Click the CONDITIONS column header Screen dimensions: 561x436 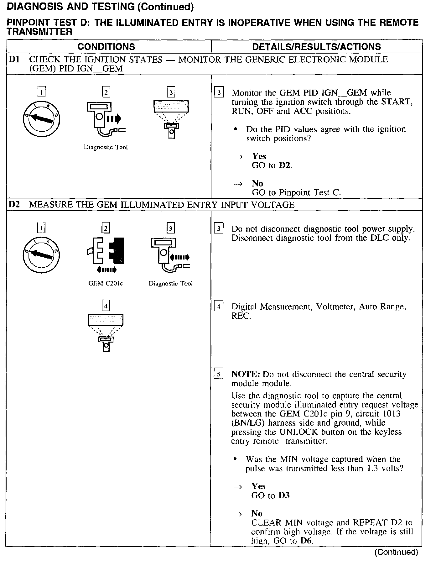106,47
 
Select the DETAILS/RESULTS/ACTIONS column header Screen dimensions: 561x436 316,47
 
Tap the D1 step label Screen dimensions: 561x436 14,59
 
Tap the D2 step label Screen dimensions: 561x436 14,205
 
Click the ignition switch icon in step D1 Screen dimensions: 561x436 41,118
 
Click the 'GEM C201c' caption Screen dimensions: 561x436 106,283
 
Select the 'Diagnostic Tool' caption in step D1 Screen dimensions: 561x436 106,147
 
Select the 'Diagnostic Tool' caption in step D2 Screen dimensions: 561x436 170,283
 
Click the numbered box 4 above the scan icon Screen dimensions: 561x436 106,306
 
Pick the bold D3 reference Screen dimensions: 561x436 284,495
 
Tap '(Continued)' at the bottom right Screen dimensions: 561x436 396,552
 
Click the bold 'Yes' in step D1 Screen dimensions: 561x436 259,156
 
